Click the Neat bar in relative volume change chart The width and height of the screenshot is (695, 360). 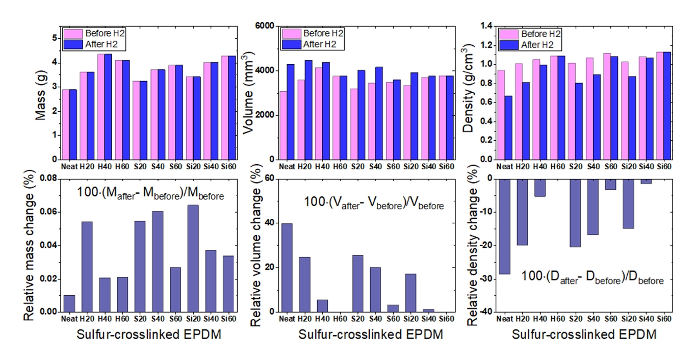coord(287,267)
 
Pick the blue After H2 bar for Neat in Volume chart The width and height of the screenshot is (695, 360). coord(290,112)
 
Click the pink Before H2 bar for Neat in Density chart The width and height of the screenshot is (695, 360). coord(501,115)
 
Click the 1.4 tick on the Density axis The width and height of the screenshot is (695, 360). coord(485,26)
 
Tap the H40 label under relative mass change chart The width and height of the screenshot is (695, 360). coord(105,319)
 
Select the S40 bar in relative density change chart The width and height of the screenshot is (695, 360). coord(593,207)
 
